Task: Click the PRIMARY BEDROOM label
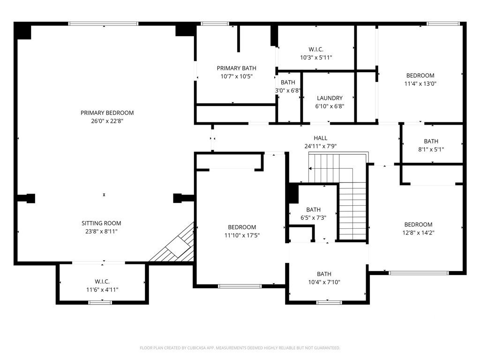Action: (x=107, y=112)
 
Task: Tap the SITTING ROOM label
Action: (x=101, y=223)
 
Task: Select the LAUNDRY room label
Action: (x=330, y=98)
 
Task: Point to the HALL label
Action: (x=321, y=138)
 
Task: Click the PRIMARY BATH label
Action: (x=237, y=68)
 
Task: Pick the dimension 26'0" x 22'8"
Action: (x=107, y=121)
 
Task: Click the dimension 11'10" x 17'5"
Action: (x=242, y=235)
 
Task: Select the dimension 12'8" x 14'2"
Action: (x=419, y=232)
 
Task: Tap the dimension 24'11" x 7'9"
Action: (x=321, y=146)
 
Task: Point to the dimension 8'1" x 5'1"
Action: (x=431, y=150)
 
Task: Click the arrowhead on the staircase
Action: (x=310, y=168)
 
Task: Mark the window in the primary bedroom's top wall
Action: (x=103, y=23)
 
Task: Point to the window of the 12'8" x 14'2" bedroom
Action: (x=419, y=273)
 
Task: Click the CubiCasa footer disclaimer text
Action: (x=240, y=348)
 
